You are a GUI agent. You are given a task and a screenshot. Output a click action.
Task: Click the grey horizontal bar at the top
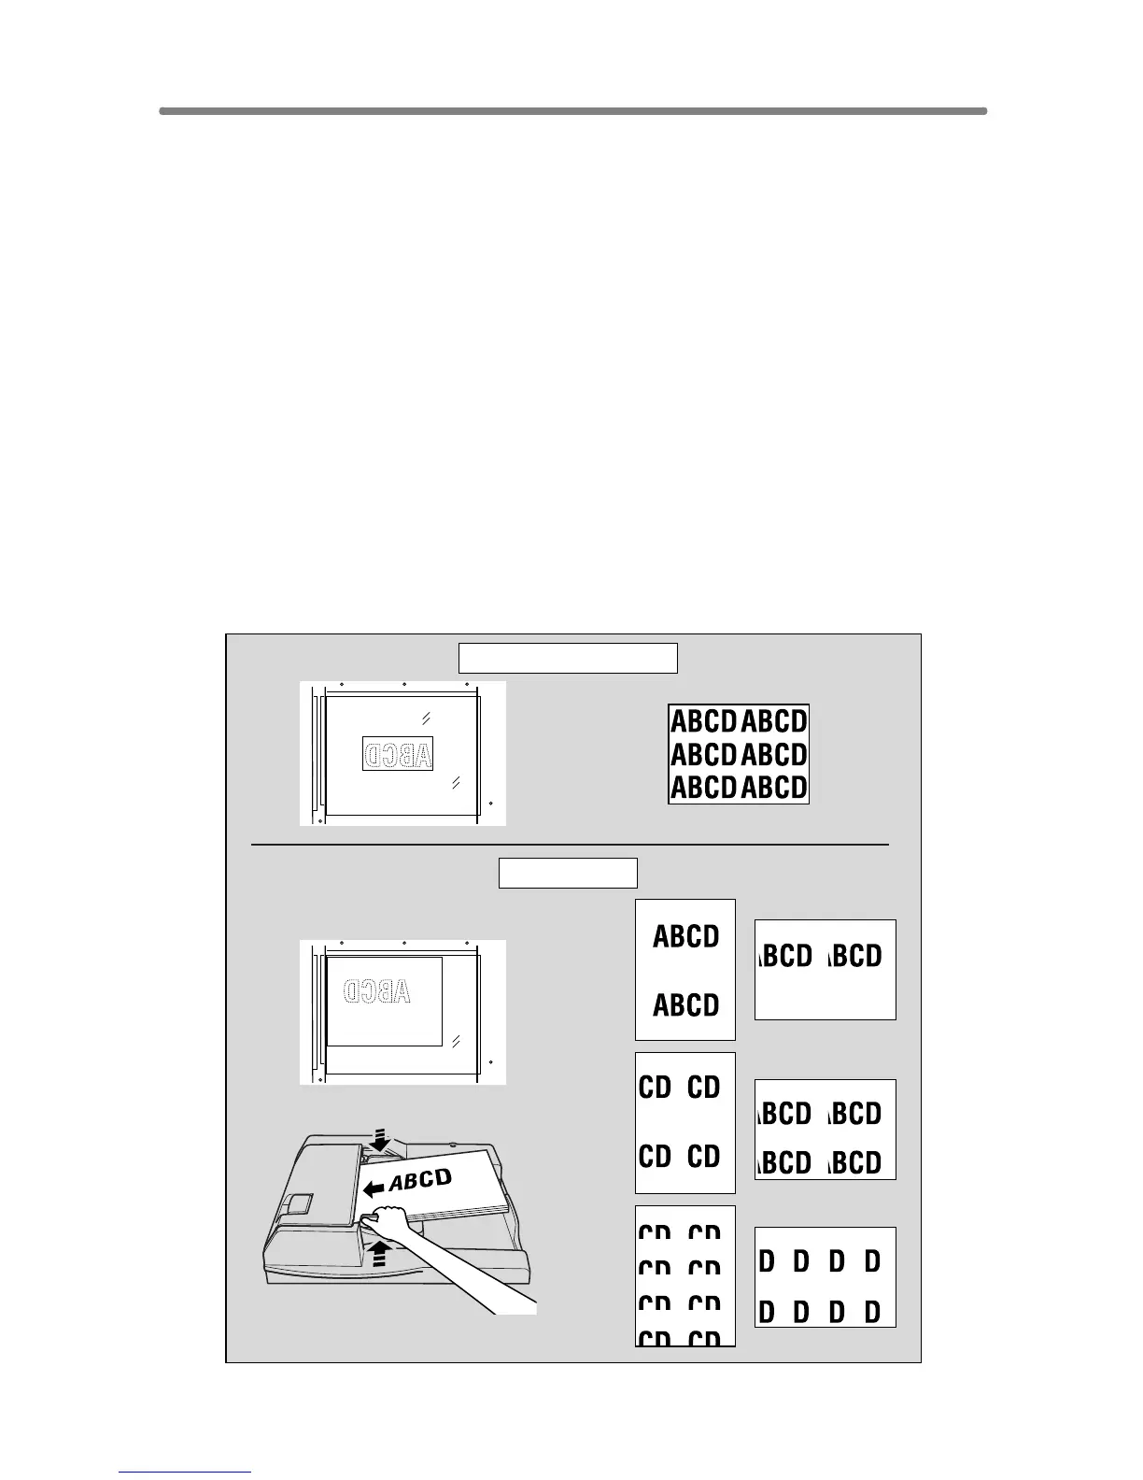[572, 111]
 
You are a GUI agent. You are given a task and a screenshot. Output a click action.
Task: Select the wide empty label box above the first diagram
[567, 658]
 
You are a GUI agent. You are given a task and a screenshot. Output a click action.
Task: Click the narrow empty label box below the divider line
[568, 873]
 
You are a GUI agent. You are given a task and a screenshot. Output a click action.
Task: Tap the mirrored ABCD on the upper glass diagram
[398, 754]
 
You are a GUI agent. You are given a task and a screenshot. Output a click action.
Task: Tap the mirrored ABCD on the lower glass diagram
[377, 991]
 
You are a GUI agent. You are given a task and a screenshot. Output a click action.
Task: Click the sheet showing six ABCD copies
[739, 754]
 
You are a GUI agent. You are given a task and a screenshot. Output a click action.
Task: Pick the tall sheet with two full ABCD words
[685, 970]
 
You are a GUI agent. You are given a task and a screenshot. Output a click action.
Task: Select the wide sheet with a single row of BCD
[825, 969]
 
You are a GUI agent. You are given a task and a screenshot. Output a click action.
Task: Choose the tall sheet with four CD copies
[685, 1122]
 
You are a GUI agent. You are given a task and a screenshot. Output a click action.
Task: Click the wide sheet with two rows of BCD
[825, 1129]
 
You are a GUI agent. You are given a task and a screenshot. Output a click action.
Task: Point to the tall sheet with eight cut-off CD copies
[685, 1275]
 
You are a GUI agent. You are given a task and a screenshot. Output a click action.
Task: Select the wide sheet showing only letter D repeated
[825, 1277]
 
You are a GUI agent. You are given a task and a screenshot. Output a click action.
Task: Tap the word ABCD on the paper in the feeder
[420, 1179]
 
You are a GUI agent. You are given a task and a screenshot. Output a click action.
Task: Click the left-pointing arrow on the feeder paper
[374, 1188]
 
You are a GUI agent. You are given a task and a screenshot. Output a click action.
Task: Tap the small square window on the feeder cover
[301, 1202]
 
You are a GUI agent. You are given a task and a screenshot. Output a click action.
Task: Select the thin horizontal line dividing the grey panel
[570, 845]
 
